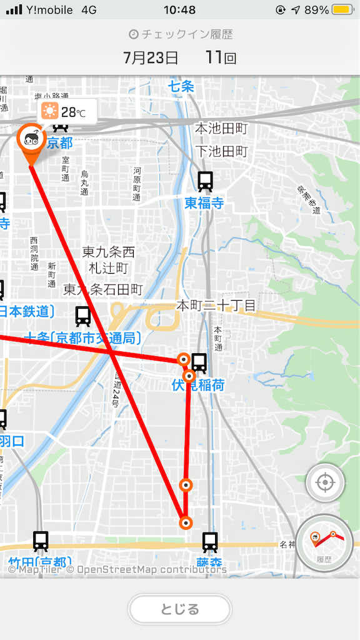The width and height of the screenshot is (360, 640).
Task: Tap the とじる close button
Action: click(180, 609)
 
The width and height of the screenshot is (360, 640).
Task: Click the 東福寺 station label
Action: click(204, 203)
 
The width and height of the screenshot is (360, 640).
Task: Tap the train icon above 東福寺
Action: click(205, 181)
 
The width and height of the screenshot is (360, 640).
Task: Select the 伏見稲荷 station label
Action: click(197, 385)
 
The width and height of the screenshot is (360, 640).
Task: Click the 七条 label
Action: click(181, 86)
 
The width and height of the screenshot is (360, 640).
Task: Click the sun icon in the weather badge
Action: click(49, 112)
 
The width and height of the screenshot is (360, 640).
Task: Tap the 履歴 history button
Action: click(324, 543)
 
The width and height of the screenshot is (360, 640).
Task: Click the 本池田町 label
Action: click(221, 129)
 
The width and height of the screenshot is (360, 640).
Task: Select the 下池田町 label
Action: click(221, 151)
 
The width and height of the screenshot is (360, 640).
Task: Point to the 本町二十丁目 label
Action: click(216, 306)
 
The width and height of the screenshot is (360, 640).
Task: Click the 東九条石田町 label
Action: click(103, 289)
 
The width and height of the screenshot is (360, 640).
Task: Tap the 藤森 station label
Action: click(209, 563)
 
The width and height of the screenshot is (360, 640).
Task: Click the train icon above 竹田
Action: click(41, 541)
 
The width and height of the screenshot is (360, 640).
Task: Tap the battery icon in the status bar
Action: click(342, 10)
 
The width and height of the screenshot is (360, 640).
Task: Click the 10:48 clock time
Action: click(179, 10)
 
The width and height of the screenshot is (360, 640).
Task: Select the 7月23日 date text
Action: click(151, 58)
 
